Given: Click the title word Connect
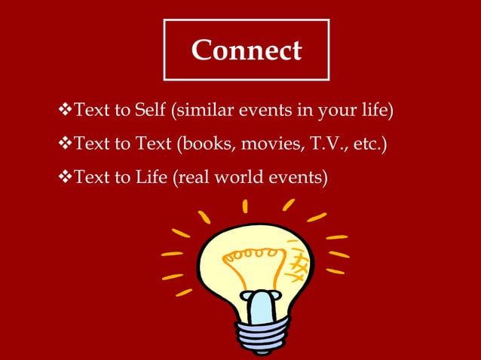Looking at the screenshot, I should pos(246,51).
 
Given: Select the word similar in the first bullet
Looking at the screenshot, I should pos(203,113).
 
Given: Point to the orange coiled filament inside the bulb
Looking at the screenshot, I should pos(253,260).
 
